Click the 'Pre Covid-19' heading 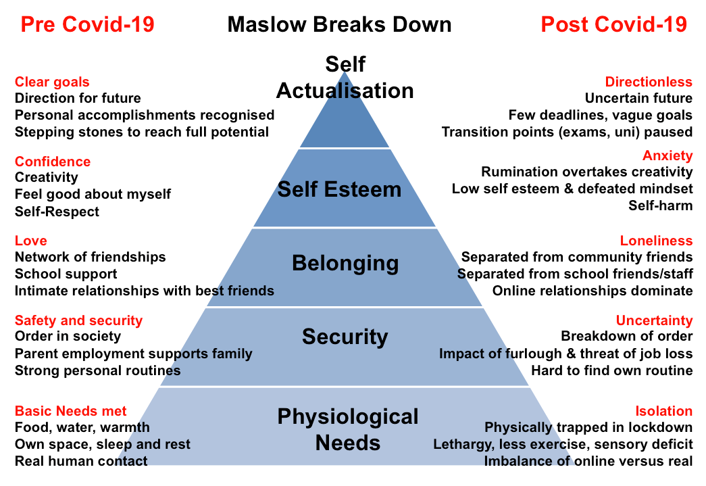(x=87, y=25)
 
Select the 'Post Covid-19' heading (x=613, y=25)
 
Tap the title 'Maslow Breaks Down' (x=339, y=25)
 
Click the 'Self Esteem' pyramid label (x=339, y=189)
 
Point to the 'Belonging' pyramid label (x=345, y=263)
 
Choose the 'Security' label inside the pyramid (x=345, y=337)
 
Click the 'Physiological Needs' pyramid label (x=347, y=429)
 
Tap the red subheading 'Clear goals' (x=52, y=82)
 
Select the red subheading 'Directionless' (x=649, y=82)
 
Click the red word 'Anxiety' (x=667, y=156)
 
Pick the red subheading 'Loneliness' (x=656, y=241)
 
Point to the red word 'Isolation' (x=663, y=411)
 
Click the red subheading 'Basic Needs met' (x=71, y=411)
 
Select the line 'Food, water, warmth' (x=82, y=427)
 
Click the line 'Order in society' (x=68, y=336)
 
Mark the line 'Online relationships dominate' (x=592, y=291)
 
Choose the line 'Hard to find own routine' (x=611, y=370)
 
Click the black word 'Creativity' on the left (x=47, y=177)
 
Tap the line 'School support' (x=66, y=274)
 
